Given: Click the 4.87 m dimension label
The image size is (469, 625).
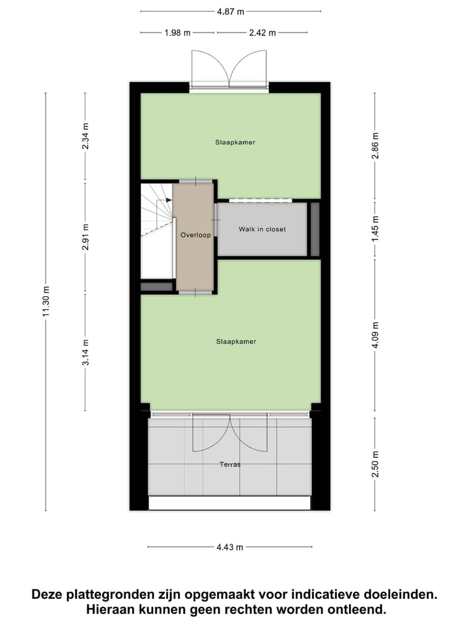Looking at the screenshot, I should (231, 11).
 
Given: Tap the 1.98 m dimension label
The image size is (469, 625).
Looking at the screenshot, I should (177, 33).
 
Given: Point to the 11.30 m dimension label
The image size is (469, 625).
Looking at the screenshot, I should (46, 302).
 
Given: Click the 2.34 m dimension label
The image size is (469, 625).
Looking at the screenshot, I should (85, 137).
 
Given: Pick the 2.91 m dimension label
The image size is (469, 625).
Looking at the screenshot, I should (85, 237).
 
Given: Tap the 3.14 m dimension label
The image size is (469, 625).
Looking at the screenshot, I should (85, 352).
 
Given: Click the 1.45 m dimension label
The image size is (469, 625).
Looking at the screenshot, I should (375, 229).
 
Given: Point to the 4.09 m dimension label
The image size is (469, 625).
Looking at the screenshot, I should (375, 335).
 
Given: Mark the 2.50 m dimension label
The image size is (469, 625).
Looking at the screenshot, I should (375, 464).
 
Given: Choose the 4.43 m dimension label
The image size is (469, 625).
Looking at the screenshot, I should (230, 548).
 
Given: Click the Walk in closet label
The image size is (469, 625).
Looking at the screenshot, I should (262, 229).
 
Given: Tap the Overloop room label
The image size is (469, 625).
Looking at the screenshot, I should (195, 235).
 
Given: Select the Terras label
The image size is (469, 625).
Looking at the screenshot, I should (230, 464).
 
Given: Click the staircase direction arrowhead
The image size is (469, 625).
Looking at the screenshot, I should (169, 200).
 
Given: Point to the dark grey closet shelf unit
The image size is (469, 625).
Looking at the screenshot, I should (315, 229).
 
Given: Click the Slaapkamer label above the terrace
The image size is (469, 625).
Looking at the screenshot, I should (236, 341).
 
